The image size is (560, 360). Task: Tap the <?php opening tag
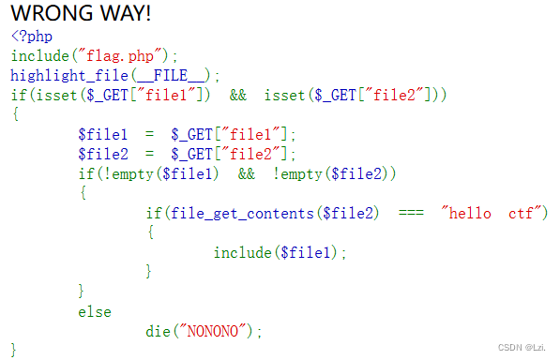(x=32, y=37)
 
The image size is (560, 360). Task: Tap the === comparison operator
(x=411, y=213)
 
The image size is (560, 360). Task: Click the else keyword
(x=94, y=311)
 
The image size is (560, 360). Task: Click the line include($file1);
(x=280, y=252)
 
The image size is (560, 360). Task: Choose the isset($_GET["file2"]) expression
(x=355, y=96)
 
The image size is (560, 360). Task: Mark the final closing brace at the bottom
(x=15, y=350)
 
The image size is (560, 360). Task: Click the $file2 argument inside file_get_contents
(x=349, y=213)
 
